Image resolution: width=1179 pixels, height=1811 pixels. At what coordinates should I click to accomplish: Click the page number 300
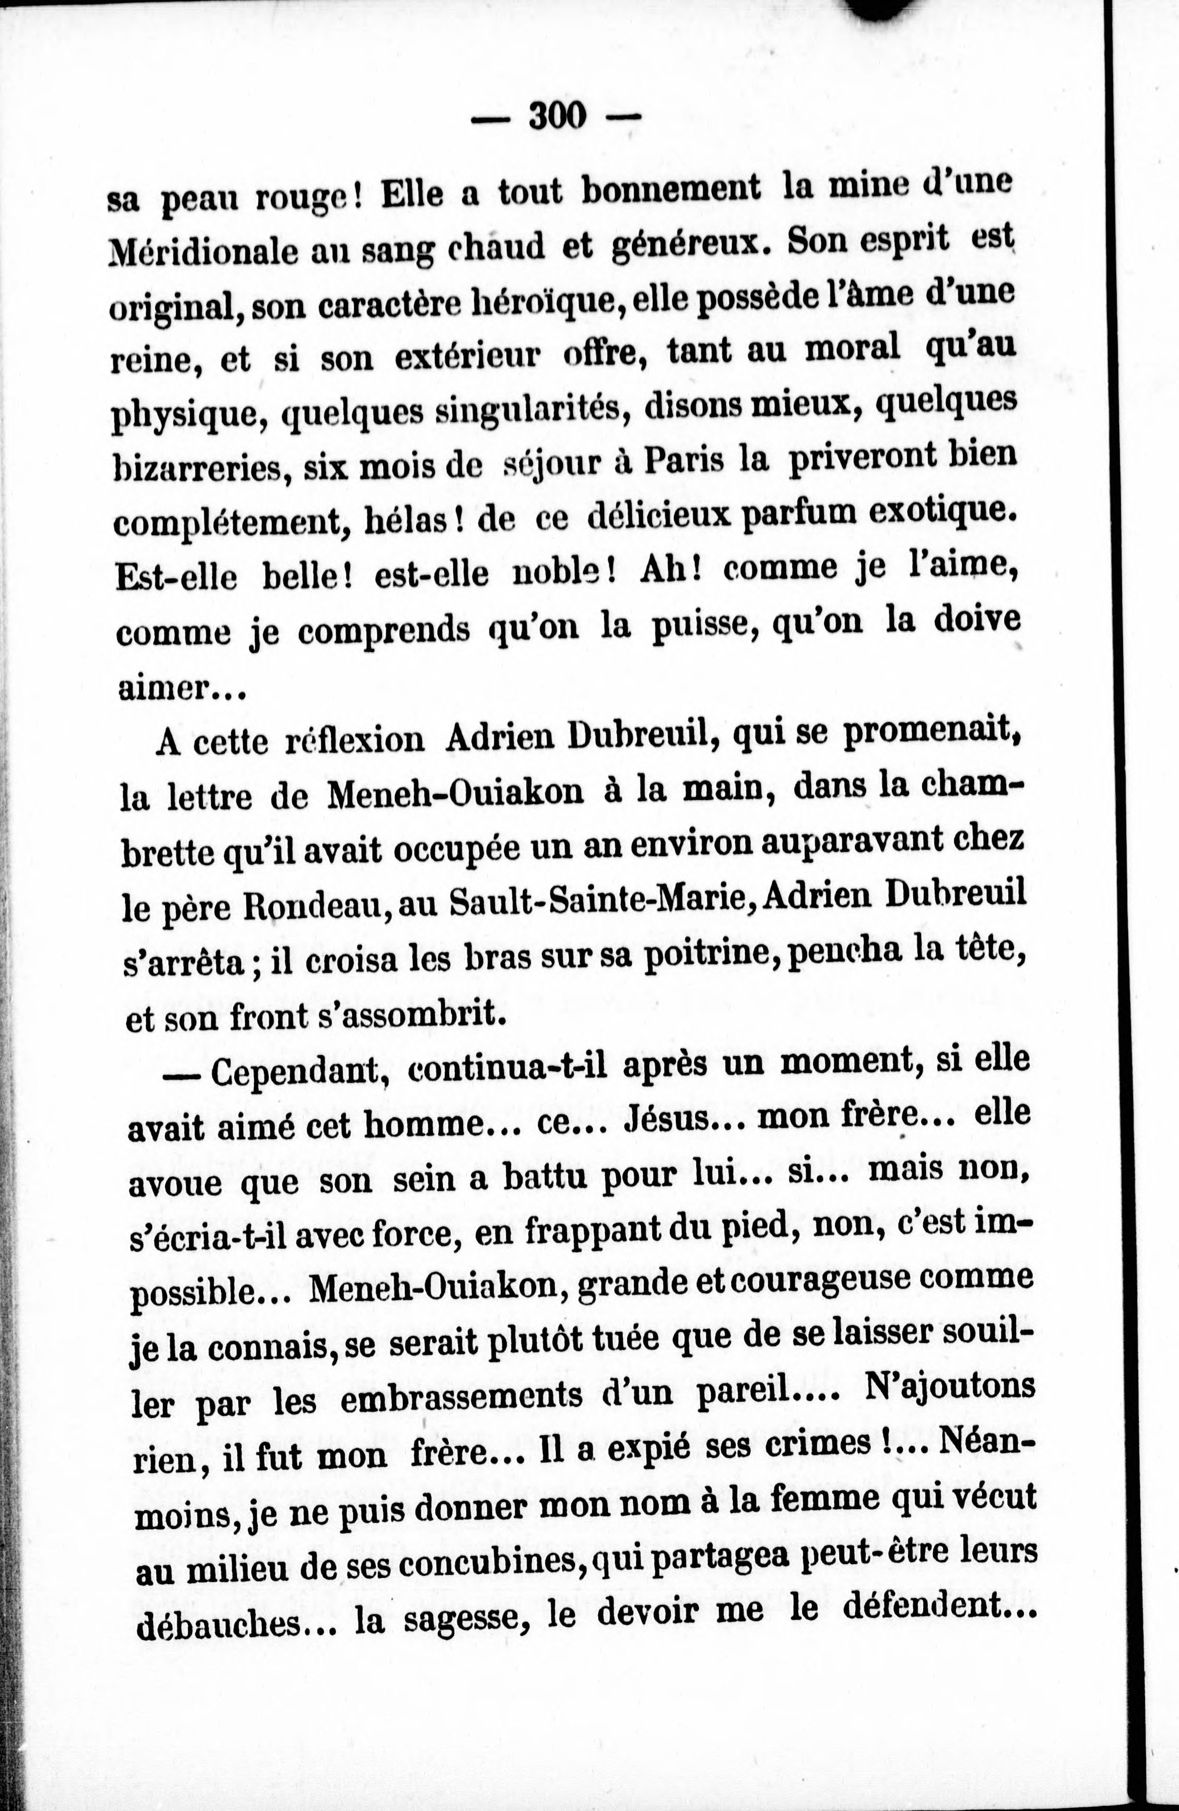coord(558,116)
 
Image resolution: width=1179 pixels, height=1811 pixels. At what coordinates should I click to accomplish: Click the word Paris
coord(683,460)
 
